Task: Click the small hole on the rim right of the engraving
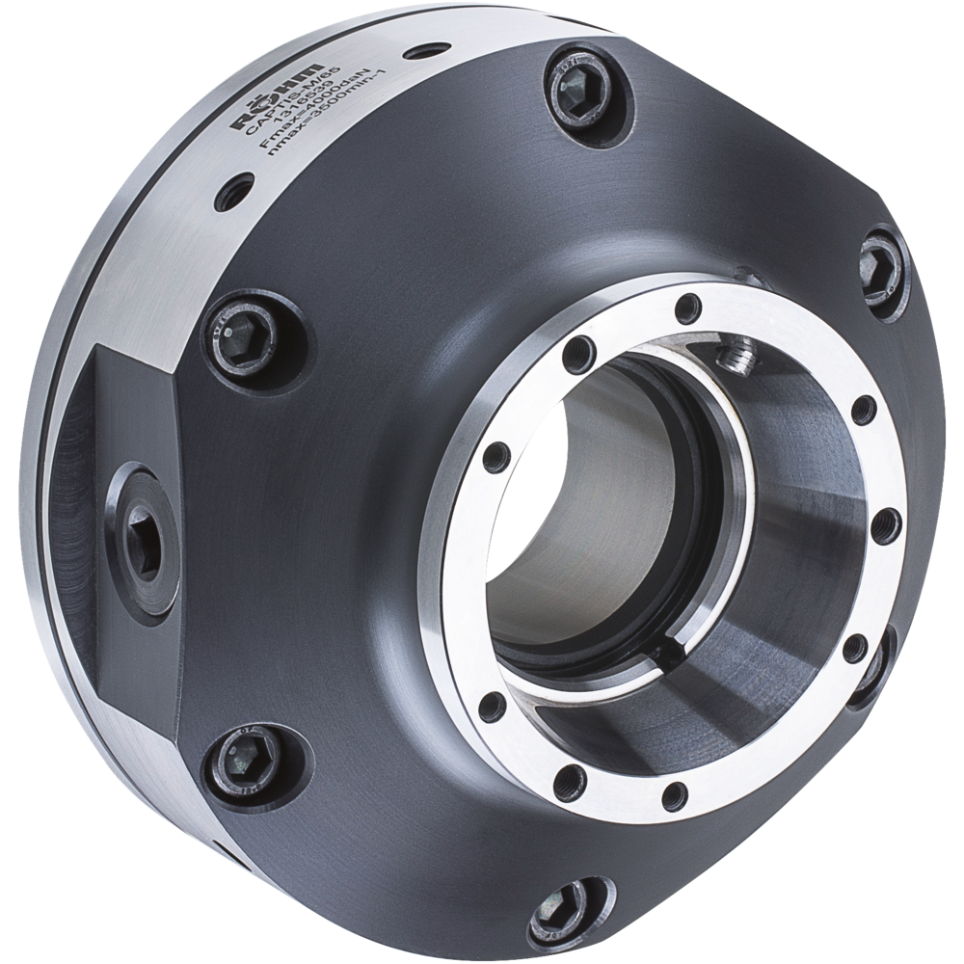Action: coord(420,53)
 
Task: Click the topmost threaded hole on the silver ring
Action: coord(686,309)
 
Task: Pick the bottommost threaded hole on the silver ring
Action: coord(675,795)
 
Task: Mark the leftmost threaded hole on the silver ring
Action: coord(495,456)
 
